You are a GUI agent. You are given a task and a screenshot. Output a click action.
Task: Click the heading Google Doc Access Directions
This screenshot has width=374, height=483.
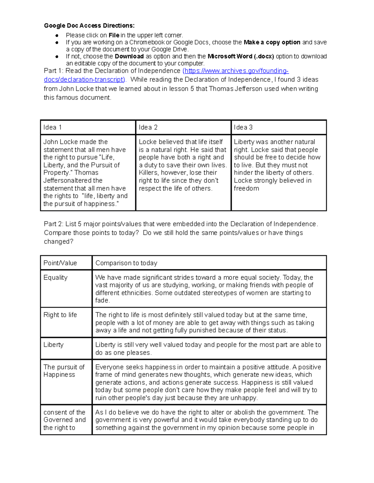click(89, 26)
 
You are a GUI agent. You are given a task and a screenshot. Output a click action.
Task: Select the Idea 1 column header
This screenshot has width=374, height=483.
click(53, 127)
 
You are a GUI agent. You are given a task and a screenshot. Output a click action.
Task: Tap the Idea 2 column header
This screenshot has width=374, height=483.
click(148, 127)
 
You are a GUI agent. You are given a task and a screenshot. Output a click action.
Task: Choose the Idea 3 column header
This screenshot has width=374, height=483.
click(243, 127)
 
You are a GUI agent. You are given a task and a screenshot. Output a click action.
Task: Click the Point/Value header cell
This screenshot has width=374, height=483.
click(60, 263)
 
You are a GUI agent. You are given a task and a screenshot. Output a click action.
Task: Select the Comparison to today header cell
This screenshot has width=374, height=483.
click(126, 263)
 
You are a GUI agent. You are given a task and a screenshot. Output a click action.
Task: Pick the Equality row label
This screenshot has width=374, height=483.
click(55, 277)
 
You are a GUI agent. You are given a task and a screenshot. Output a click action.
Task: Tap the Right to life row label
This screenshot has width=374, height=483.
click(60, 315)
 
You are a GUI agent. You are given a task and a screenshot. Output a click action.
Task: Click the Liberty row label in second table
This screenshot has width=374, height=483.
click(54, 345)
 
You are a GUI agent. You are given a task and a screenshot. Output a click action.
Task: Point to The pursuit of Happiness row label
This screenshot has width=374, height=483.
click(64, 371)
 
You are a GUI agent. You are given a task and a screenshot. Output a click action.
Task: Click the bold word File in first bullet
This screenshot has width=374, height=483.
click(114, 35)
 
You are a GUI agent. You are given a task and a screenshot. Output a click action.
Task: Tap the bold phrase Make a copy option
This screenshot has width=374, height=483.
click(272, 42)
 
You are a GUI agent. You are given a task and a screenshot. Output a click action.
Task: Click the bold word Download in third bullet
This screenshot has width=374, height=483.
click(129, 56)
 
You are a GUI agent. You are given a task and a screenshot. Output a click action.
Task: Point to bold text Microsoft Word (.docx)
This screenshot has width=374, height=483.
click(241, 56)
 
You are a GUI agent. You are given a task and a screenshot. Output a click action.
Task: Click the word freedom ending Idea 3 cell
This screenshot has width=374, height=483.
click(246, 188)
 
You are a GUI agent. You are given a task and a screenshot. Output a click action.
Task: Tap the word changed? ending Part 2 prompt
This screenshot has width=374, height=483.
click(58, 242)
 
